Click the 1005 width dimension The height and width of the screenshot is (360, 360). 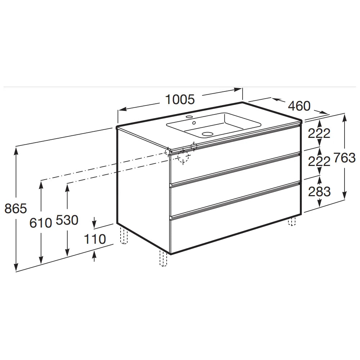(x=180, y=100)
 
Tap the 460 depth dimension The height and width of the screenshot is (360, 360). (x=299, y=106)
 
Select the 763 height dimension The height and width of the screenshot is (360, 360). (x=345, y=158)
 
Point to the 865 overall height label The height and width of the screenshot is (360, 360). (x=15, y=208)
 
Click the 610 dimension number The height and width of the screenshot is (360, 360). (x=41, y=223)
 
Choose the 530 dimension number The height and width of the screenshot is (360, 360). (x=67, y=220)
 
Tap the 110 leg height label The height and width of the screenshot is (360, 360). (x=95, y=239)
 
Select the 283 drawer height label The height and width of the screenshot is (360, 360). (x=319, y=192)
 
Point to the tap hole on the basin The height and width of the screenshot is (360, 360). (x=189, y=117)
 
